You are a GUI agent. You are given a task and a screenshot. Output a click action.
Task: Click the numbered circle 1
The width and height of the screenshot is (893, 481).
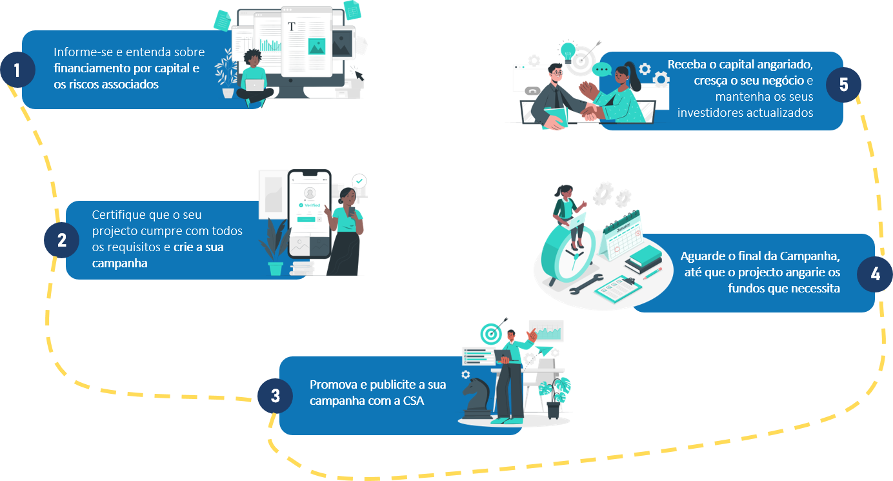point(17,70)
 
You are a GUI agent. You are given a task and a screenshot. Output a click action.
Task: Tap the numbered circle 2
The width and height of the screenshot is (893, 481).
point(61,240)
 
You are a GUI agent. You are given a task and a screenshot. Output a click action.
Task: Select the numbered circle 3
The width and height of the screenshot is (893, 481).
point(276,395)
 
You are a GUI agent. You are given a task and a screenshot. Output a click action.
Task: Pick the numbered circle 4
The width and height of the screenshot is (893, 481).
point(875,274)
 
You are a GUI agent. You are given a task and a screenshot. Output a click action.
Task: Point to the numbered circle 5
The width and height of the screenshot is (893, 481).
point(843,85)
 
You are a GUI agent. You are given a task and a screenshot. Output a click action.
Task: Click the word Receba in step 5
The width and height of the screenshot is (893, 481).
point(688,65)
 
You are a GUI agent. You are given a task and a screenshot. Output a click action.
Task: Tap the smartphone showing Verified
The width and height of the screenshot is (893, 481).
point(308,207)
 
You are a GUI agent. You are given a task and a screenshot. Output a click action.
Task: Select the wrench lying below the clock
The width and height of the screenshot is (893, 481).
point(588,283)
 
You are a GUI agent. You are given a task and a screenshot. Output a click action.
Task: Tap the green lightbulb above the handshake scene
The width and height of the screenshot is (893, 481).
point(568,50)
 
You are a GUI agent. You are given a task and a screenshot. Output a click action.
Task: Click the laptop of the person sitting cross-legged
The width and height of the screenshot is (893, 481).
point(255,85)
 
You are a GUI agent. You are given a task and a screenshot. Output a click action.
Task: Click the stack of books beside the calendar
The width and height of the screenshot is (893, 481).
point(643,259)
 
